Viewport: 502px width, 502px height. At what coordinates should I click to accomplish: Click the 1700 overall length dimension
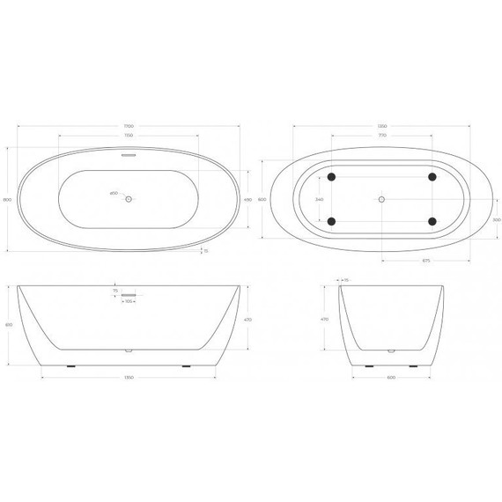(x=129, y=126)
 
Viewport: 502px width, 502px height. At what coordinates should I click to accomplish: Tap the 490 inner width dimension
(x=248, y=200)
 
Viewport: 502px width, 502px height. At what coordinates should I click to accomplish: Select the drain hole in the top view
(x=129, y=200)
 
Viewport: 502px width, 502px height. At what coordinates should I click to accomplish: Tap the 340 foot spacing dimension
(x=319, y=200)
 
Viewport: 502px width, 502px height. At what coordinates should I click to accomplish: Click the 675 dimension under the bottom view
(x=426, y=261)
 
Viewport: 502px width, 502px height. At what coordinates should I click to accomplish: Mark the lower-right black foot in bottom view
(x=432, y=221)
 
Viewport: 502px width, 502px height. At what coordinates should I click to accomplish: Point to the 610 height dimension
(x=9, y=325)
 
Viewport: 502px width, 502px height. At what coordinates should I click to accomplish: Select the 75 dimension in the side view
(x=115, y=289)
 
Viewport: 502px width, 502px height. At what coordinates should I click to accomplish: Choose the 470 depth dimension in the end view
(x=325, y=319)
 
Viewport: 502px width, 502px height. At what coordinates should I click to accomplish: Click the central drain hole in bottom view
(x=381, y=200)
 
